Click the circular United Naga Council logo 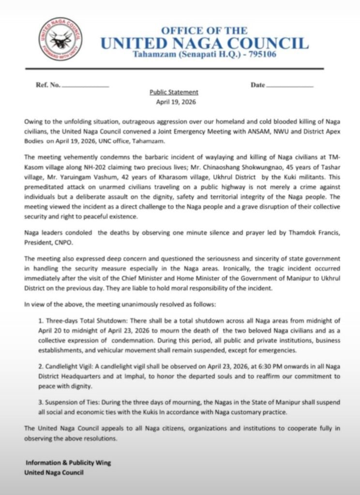pyautogui.click(x=60, y=39)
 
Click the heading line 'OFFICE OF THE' pyautogui.click(x=204, y=30)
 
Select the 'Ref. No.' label pyautogui.click(x=48, y=85)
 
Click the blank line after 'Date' pyautogui.click(x=290, y=86)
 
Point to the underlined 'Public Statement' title pyautogui.click(x=174, y=92)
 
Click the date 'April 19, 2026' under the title pyautogui.click(x=174, y=102)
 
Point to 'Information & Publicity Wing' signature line pyautogui.click(x=68, y=463)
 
